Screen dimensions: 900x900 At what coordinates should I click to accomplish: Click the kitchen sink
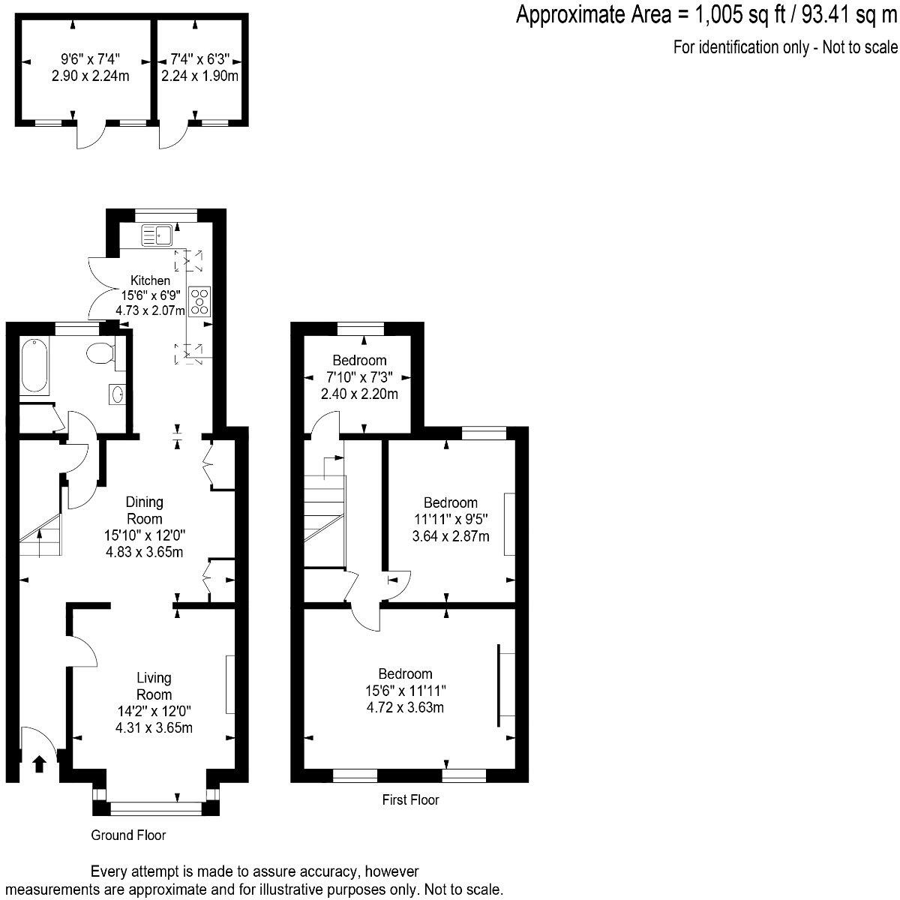157,235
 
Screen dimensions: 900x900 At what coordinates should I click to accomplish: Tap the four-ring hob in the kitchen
201,301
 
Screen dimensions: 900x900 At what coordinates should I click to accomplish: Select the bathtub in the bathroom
33,366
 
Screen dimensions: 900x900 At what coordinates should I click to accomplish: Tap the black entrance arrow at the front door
39,763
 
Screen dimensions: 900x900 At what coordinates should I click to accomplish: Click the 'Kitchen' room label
151,280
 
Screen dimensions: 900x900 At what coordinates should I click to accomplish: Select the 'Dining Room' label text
144,510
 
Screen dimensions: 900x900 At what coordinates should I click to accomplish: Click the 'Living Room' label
154,685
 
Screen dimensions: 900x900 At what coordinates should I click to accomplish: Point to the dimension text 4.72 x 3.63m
405,706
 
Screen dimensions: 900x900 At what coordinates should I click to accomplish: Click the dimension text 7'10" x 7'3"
359,377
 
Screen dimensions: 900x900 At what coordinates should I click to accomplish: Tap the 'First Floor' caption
410,799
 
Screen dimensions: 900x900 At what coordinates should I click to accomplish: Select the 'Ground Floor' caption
128,835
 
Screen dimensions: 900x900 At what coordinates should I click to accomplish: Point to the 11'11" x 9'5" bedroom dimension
450,519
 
